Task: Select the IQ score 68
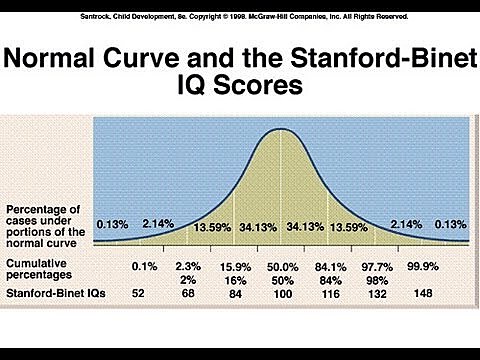tap(187, 295)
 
